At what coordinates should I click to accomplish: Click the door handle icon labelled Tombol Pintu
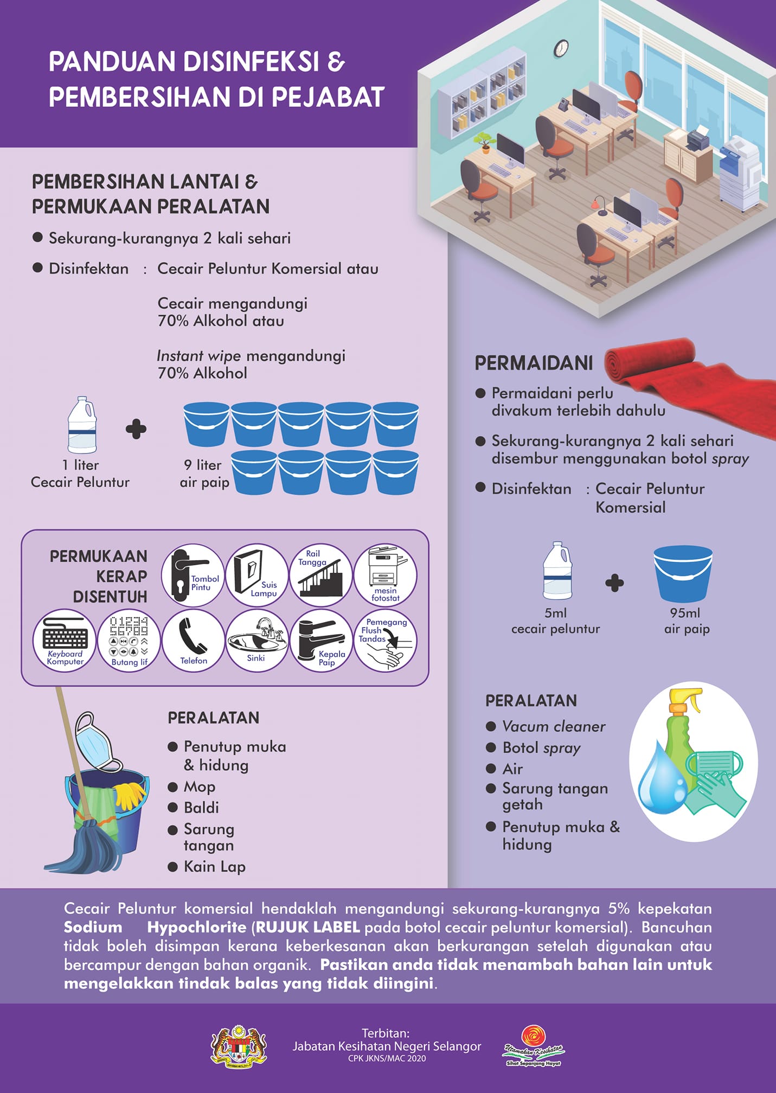[x=193, y=575]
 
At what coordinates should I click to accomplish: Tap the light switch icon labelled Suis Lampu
[x=257, y=575]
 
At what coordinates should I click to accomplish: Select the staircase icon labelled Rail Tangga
[x=321, y=575]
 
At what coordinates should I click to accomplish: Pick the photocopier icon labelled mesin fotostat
[x=386, y=575]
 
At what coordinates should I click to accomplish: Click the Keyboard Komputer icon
[x=65, y=640]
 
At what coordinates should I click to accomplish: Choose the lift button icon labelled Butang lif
[x=129, y=640]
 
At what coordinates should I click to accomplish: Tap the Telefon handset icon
[x=193, y=640]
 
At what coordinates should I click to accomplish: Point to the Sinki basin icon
[x=257, y=640]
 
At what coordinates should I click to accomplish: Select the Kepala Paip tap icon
[x=322, y=640]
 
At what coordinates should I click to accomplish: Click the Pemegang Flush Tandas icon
[x=386, y=640]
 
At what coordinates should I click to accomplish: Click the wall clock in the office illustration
[x=561, y=48]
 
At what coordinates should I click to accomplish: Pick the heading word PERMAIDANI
[x=534, y=363]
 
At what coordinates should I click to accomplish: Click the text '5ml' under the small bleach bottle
[x=555, y=613]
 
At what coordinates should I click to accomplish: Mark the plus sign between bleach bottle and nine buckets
[x=136, y=429]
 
